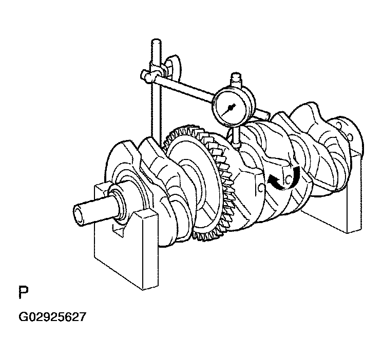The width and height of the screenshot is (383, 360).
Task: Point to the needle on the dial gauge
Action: tap(229, 109)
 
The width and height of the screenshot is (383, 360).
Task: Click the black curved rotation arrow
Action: tap(284, 178)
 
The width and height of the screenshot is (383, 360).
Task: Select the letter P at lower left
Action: tap(24, 292)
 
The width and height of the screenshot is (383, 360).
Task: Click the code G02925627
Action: tap(52, 317)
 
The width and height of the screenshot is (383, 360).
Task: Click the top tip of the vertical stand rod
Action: tap(156, 40)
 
